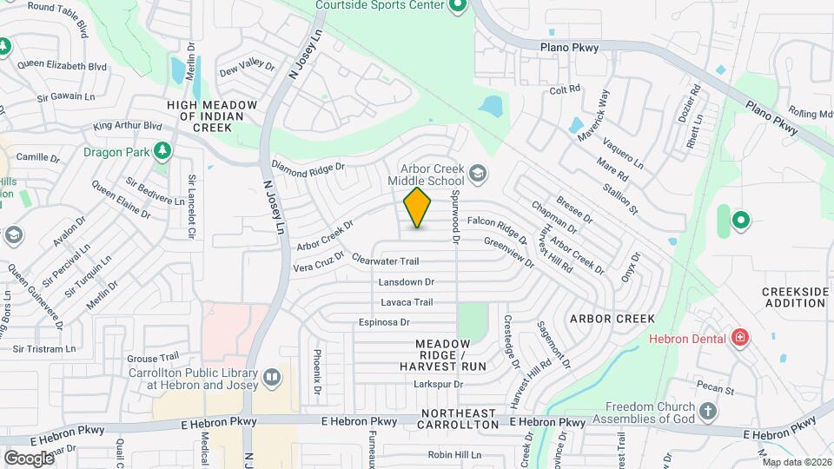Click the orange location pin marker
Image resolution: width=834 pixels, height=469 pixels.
tap(418, 208)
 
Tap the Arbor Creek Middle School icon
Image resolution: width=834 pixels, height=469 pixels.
tap(477, 175)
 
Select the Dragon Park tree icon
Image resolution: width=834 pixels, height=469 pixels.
tap(162, 152)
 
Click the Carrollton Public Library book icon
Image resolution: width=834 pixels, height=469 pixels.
tap(272, 378)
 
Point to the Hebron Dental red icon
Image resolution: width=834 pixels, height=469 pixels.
tap(739, 337)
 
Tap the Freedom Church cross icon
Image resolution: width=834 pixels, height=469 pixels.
tap(708, 410)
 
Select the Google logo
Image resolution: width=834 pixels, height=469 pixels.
tap(29, 458)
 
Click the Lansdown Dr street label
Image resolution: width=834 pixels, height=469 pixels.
tap(406, 282)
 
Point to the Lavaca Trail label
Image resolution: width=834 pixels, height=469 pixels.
tap(407, 302)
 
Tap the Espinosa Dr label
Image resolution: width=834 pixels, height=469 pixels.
tap(383, 322)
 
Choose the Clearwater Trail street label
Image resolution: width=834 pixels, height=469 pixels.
tap(386, 261)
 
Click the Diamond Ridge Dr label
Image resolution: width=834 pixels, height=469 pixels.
tap(308, 167)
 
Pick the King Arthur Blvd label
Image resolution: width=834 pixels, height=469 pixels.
tap(128, 126)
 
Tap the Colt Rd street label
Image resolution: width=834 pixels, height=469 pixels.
tap(565, 90)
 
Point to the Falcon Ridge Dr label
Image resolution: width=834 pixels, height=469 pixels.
tap(497, 228)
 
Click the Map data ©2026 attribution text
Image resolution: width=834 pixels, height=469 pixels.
tap(797, 462)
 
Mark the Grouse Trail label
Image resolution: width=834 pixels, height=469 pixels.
tap(152, 357)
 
